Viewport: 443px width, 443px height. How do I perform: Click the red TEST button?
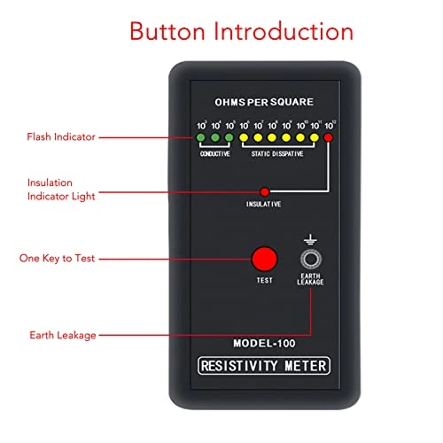[x=263, y=259]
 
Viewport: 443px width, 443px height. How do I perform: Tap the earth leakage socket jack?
[x=311, y=259]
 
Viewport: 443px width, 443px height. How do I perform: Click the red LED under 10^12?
[x=329, y=138]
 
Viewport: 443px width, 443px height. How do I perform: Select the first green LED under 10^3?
[x=201, y=138]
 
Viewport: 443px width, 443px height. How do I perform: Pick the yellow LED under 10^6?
[x=244, y=138]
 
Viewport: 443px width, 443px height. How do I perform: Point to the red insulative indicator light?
[x=263, y=191]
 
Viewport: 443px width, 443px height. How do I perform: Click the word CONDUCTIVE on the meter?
[x=214, y=153]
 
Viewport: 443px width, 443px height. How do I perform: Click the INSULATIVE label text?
[x=263, y=205]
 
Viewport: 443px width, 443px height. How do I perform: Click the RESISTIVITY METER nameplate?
[x=263, y=365]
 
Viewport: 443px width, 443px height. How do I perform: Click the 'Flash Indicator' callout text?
[x=60, y=137]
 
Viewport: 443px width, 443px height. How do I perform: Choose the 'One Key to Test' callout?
[x=58, y=259]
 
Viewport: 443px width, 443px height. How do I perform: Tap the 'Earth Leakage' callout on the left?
[x=61, y=335]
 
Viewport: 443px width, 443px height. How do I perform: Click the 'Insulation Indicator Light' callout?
[x=62, y=189]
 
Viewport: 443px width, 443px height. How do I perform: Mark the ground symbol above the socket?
[x=311, y=238]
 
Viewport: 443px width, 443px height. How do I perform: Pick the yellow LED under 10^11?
[x=315, y=138]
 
